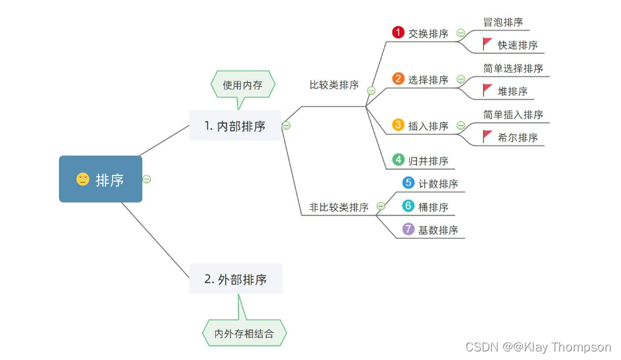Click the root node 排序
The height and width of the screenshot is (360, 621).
(x=101, y=179)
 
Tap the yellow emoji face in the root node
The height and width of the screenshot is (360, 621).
(x=83, y=179)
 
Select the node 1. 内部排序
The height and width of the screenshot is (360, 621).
(x=235, y=126)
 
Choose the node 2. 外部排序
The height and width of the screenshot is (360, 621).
(x=236, y=279)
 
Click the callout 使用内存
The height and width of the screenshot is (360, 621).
(x=242, y=85)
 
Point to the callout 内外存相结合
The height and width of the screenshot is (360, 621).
(x=244, y=334)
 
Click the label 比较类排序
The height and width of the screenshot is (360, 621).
(x=334, y=85)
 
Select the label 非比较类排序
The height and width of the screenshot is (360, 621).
(x=339, y=207)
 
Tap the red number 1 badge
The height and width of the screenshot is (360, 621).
(x=398, y=32)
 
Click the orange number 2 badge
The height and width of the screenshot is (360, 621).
(x=398, y=79)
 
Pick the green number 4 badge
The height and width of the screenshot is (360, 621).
(x=398, y=159)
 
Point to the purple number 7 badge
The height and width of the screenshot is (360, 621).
(x=408, y=229)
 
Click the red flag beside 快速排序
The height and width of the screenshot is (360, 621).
(x=487, y=44)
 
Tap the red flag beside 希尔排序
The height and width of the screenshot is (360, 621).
(x=487, y=136)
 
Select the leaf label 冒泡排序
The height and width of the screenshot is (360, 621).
(x=503, y=22)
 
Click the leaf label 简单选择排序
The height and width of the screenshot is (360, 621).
(x=513, y=68)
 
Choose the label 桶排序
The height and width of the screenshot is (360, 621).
(x=433, y=207)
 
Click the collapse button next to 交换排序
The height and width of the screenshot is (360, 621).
(x=461, y=33)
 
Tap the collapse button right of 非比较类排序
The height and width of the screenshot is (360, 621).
(x=381, y=206)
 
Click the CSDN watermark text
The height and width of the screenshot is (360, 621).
(x=538, y=347)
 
